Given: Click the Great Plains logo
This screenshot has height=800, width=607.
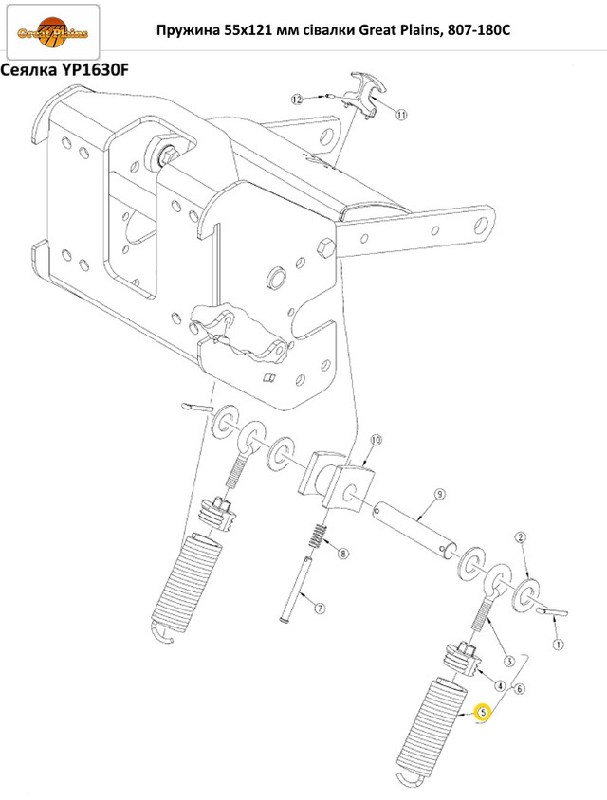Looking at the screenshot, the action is [x=52, y=32].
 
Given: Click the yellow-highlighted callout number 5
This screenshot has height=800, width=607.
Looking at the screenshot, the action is [x=482, y=712].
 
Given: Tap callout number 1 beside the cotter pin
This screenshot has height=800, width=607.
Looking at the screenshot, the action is [x=558, y=645].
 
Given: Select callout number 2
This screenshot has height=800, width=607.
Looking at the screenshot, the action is [x=520, y=537].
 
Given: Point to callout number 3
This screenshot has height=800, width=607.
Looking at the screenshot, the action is [x=508, y=662].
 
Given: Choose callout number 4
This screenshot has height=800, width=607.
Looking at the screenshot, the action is [x=502, y=686].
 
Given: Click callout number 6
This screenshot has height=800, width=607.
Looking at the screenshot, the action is [x=519, y=688].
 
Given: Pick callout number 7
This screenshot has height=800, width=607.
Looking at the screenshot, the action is [x=319, y=609].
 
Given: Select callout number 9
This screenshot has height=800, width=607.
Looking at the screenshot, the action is [x=439, y=494].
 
